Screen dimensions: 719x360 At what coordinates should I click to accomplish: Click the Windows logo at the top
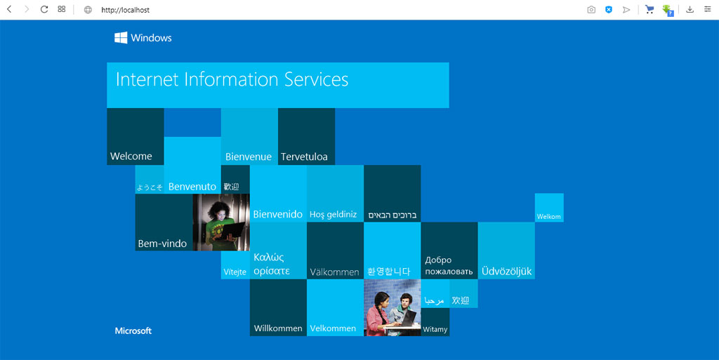[121, 38]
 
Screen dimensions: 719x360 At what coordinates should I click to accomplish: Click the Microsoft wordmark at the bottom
[133, 331]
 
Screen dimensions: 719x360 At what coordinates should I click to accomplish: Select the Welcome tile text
[131, 156]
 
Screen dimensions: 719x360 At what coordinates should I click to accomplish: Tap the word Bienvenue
[248, 156]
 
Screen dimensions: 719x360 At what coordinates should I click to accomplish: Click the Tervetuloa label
[304, 156]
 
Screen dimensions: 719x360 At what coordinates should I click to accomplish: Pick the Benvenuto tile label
[192, 187]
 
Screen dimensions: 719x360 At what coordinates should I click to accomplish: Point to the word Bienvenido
[278, 214]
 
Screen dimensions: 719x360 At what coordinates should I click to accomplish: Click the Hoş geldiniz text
[333, 214]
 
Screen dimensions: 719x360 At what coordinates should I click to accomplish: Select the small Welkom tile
[549, 208]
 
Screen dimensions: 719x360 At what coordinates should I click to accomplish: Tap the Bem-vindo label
[162, 244]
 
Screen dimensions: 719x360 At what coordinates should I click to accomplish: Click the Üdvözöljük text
[506, 271]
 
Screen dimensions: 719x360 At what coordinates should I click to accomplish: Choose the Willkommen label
[278, 328]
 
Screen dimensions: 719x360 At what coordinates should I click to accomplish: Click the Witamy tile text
[435, 329]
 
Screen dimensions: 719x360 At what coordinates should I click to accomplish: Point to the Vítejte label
[235, 272]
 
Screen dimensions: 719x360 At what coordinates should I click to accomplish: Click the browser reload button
[44, 9]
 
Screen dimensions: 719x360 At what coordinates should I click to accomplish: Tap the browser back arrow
[9, 9]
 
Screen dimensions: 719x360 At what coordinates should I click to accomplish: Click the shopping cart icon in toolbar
[649, 9]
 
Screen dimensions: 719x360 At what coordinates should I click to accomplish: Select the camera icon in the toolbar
[591, 10]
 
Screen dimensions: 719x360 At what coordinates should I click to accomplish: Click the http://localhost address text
[125, 10]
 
